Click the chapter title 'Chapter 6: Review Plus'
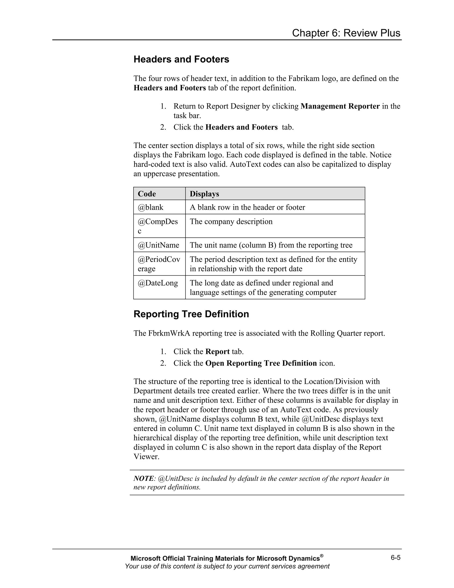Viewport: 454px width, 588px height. pos(346,33)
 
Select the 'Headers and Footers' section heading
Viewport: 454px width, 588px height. pos(181,59)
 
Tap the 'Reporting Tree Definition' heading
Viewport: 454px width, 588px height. pos(191,314)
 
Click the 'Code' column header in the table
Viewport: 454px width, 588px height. pos(147,194)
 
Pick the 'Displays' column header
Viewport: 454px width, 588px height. pos(204,194)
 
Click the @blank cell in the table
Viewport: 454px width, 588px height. pos(151,207)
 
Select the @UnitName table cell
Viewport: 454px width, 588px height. pos(159,245)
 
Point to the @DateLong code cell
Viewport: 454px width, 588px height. pos(158,283)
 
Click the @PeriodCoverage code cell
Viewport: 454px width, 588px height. pos(159,264)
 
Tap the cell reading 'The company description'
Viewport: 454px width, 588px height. pos(231,222)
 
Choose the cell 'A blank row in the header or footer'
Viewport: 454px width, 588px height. pos(247,207)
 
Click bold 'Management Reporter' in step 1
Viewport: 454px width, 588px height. pos(340,106)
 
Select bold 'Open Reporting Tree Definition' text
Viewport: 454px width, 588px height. pos(261,363)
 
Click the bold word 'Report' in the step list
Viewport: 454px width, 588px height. pos(217,352)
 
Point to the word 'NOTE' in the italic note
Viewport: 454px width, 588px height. pos(144,479)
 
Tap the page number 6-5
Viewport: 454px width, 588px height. pos(396,558)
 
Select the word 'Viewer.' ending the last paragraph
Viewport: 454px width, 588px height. pos(147,457)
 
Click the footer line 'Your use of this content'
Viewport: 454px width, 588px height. pos(227,566)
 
